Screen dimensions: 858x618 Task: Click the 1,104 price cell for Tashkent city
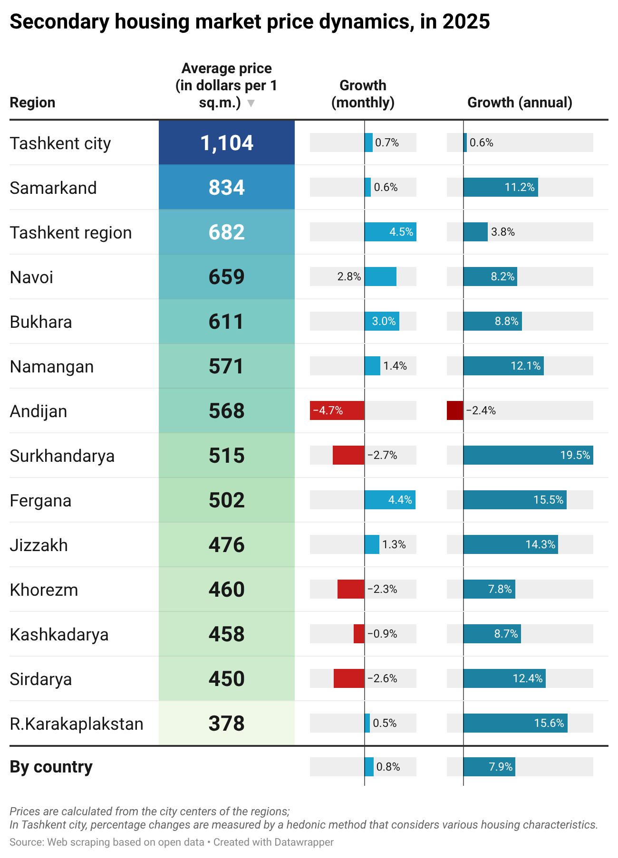coord(227,143)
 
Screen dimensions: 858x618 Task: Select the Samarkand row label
coord(53,188)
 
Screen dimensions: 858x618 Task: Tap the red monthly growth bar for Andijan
coord(337,410)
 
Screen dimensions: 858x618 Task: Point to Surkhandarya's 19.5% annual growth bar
coord(528,455)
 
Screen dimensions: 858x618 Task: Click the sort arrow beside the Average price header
coord(251,103)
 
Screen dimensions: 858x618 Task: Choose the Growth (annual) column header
coord(520,102)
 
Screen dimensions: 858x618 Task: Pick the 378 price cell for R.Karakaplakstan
coord(227,723)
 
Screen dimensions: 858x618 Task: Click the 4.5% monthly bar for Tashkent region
coord(390,232)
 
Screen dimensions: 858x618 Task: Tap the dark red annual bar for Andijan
coord(455,410)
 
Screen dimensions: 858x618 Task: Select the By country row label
coord(51,767)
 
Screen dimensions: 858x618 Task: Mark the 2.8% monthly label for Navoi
coord(349,276)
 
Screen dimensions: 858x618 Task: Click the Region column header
coord(32,102)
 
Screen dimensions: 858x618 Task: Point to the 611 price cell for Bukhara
coord(227,321)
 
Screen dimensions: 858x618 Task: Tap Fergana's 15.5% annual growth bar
coord(515,500)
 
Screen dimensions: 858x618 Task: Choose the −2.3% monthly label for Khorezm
coord(382,589)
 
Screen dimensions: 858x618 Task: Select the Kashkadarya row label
coord(59,634)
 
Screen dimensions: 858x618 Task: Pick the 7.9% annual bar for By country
coord(489,767)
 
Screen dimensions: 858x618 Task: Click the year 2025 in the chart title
coord(466,22)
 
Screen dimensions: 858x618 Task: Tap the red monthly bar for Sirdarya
coord(349,678)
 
